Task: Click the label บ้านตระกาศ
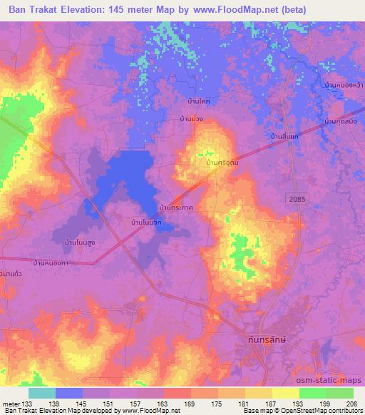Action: click(x=178, y=207)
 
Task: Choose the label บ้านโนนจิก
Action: click(x=148, y=223)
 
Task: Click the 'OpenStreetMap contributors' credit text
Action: click(x=324, y=411)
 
